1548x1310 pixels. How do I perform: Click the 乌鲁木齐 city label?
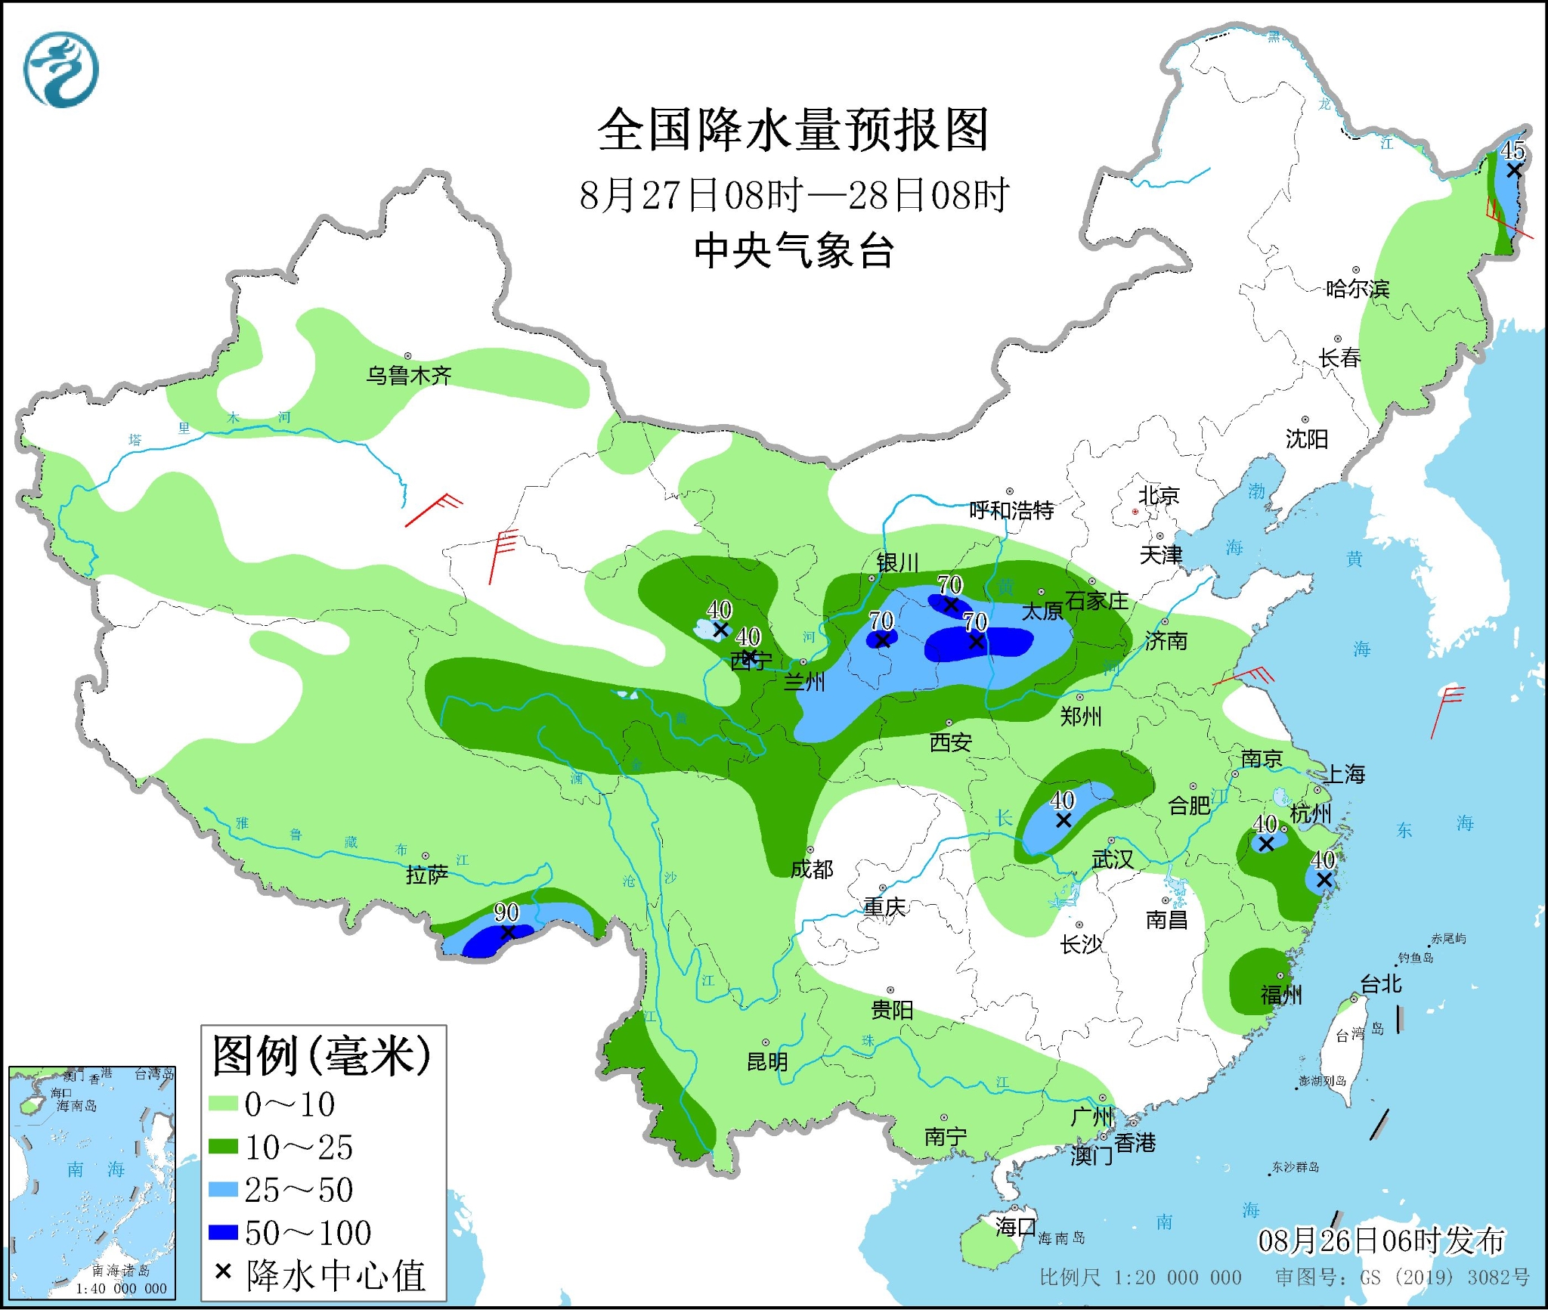pyautogui.click(x=409, y=375)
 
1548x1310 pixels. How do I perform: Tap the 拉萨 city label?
pyautogui.click(x=427, y=875)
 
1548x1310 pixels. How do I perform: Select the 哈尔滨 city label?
pyautogui.click(x=1358, y=289)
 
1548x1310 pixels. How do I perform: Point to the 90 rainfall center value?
pyautogui.click(x=506, y=912)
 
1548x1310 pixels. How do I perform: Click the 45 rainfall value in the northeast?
pyautogui.click(x=1512, y=150)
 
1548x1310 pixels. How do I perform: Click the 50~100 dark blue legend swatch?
pyautogui.click(x=223, y=1232)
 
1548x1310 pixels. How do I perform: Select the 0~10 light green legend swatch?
pyautogui.click(x=223, y=1104)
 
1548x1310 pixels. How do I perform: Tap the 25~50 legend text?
pyautogui.click(x=299, y=1190)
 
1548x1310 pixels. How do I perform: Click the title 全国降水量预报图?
pyautogui.click(x=793, y=130)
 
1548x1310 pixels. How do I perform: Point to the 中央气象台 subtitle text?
pyautogui.click(x=794, y=250)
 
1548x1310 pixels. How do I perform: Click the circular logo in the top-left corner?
pyautogui.click(x=61, y=70)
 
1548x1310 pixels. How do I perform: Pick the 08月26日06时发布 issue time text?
pyautogui.click(x=1381, y=1240)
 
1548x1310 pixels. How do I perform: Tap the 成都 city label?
pyautogui.click(x=812, y=869)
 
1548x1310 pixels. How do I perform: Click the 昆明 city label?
pyautogui.click(x=767, y=1062)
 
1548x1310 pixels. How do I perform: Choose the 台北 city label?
pyautogui.click(x=1381, y=983)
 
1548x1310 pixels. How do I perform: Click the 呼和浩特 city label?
pyautogui.click(x=1011, y=510)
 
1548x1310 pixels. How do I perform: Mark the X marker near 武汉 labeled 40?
pyautogui.click(x=1063, y=820)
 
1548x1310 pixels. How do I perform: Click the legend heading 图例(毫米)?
pyautogui.click(x=321, y=1056)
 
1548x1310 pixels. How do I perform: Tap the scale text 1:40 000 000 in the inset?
pyautogui.click(x=121, y=1289)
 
